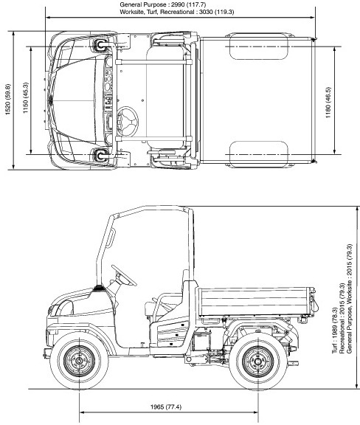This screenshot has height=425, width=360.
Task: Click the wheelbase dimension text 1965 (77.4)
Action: [x=166, y=407]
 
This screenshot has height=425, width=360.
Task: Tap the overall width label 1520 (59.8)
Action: [x=7, y=99]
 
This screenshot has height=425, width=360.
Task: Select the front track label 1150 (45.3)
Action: [x=26, y=97]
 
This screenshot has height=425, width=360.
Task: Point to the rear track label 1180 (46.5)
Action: [x=328, y=102]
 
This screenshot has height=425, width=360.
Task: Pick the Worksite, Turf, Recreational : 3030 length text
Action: [x=177, y=12]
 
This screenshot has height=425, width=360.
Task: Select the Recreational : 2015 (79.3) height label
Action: [x=342, y=318]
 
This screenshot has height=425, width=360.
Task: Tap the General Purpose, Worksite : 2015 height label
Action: [x=350, y=298]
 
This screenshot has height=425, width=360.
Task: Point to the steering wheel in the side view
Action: [x=124, y=275]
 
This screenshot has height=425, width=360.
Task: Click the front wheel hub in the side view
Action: [x=79, y=361]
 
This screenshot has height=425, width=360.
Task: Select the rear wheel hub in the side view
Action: [x=257, y=361]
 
